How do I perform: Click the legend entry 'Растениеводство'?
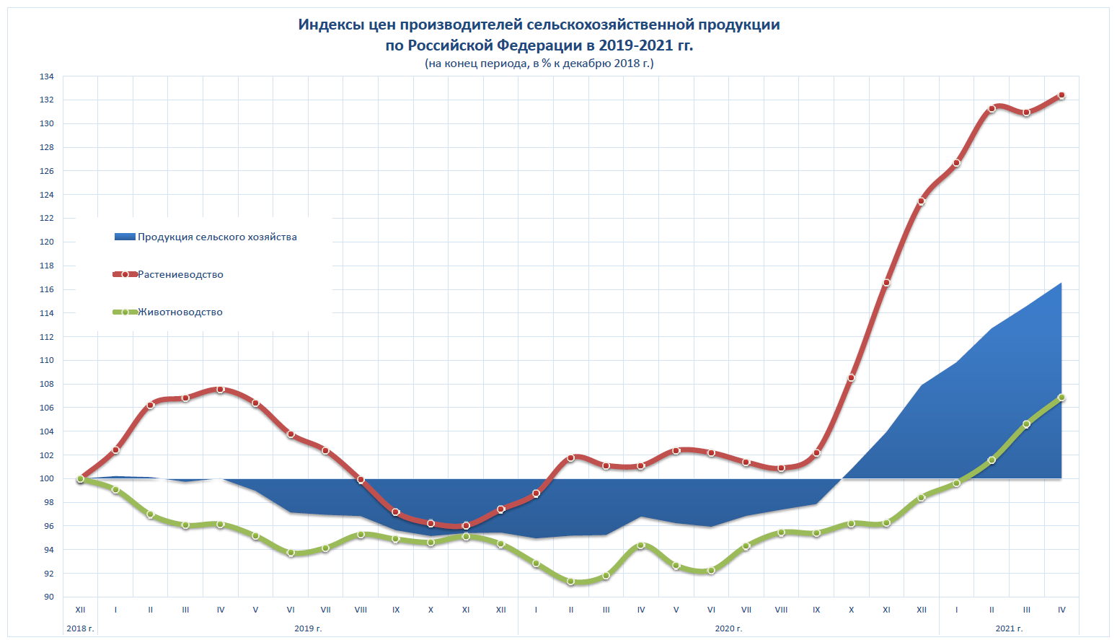180,274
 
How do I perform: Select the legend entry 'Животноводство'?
180,312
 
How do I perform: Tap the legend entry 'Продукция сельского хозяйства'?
217,237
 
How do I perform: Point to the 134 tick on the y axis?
47,76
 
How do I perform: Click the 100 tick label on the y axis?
47,478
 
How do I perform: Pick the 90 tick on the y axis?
47,597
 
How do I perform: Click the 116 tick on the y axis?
47,289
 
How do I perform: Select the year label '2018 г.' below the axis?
80,628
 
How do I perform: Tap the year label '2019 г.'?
308,628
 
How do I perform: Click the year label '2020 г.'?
728,628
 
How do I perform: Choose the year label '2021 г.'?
1009,628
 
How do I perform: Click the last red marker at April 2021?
1061,95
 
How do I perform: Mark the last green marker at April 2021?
1061,398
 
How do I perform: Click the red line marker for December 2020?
921,201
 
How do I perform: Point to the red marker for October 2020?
851,377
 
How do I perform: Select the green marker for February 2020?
570,581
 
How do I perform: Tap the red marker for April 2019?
221,390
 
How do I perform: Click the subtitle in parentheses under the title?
539,63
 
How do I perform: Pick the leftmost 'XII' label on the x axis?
80,610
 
